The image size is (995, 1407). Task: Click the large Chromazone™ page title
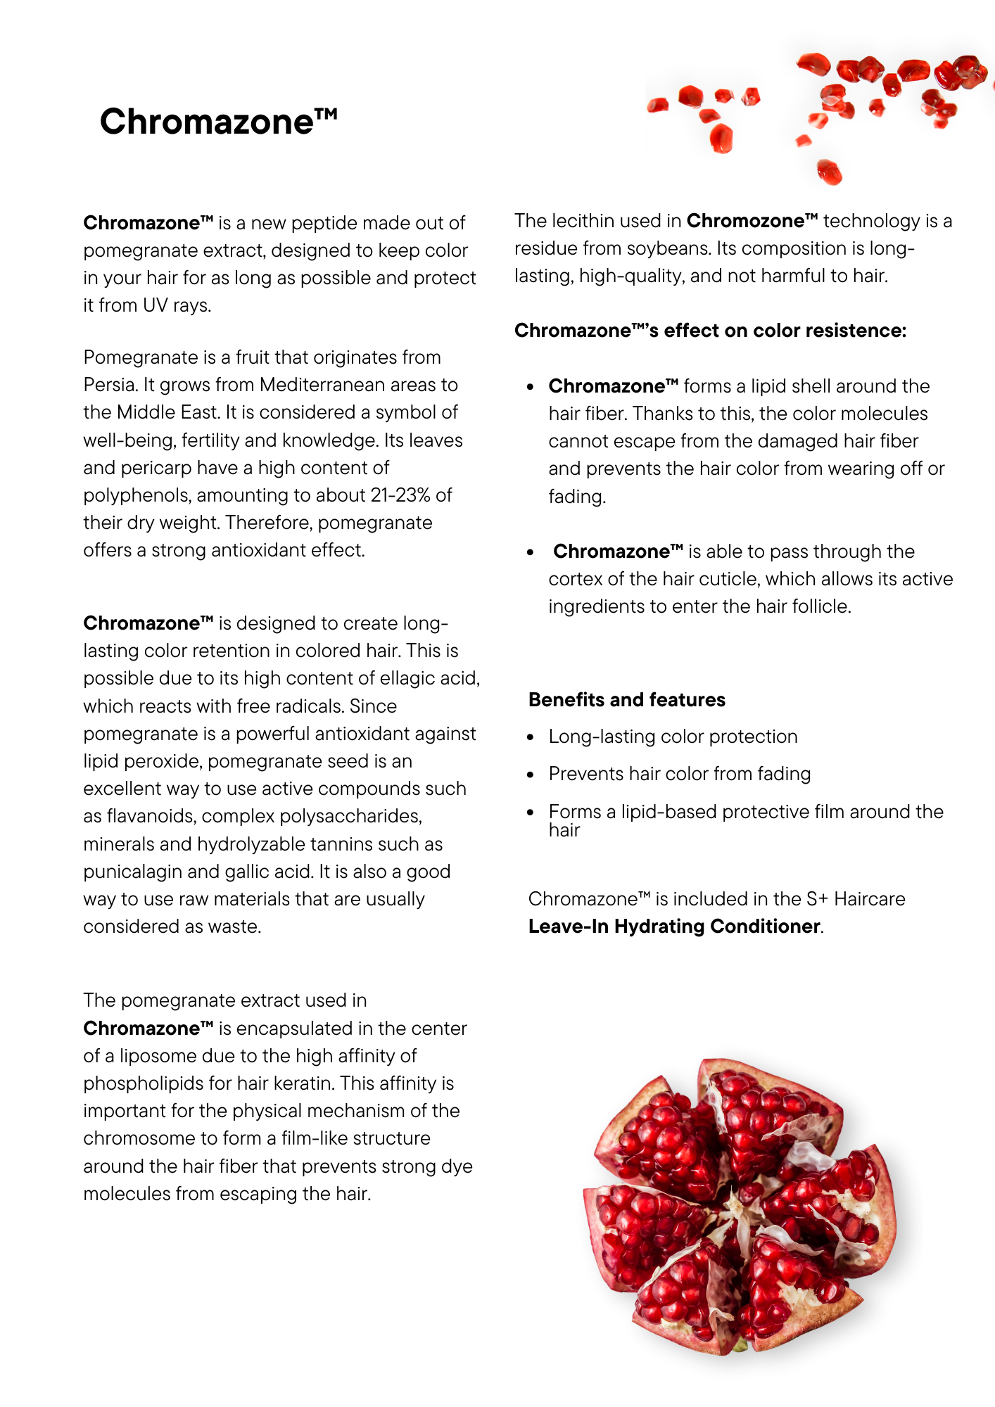[x=218, y=122]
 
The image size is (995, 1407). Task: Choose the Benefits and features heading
[x=626, y=700]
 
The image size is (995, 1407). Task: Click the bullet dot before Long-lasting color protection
[x=531, y=737]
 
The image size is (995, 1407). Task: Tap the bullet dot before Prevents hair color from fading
[x=531, y=775]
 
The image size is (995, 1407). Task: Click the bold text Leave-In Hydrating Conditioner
[x=673, y=927]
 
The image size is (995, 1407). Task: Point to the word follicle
[x=819, y=606]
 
